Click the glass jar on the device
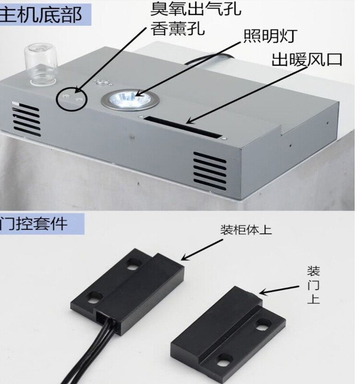click(40, 64)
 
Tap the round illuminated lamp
click(130, 100)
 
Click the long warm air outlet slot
click(183, 127)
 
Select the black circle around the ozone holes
click(72, 99)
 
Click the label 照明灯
click(270, 36)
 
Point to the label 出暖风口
click(307, 59)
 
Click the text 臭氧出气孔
click(196, 9)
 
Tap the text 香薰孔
click(177, 28)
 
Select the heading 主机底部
click(41, 15)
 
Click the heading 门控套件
click(34, 223)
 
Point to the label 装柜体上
click(246, 230)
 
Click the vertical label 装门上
click(313, 285)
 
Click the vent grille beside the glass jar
click(26, 119)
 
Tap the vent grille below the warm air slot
click(210, 171)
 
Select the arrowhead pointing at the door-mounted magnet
click(263, 292)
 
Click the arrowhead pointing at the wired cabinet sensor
click(185, 257)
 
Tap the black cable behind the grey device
click(209, 59)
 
